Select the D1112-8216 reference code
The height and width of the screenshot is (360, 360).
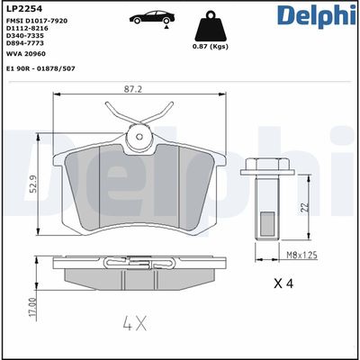29,30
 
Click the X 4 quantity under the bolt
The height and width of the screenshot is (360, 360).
284,283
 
